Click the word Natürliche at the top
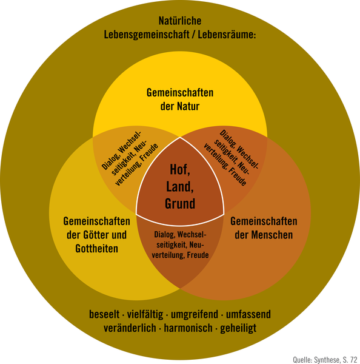point(180,21)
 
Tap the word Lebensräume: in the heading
point(227,35)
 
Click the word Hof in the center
point(180,169)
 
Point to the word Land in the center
point(180,186)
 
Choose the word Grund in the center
point(180,203)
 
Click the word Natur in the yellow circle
point(188,106)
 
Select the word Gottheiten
point(97,248)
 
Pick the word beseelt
point(104,314)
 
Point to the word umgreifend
point(195,315)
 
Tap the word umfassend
point(248,314)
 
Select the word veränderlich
point(130,328)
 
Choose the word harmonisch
point(188,328)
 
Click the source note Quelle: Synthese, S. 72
point(325,360)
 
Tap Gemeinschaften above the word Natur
point(180,93)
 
